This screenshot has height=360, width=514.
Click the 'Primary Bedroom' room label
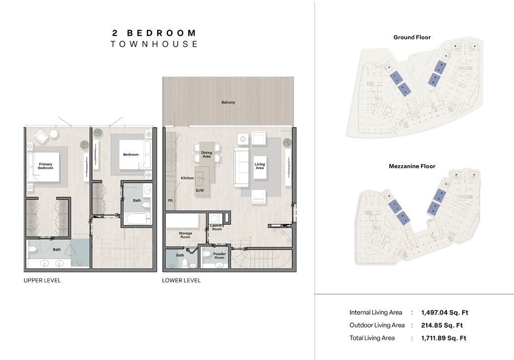pyautogui.click(x=45, y=166)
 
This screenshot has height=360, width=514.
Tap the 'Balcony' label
pyautogui.click(x=228, y=103)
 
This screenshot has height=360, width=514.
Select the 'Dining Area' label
pyautogui.click(x=206, y=155)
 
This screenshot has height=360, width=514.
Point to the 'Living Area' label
pyautogui.click(x=259, y=166)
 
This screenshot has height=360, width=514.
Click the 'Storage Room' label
pyautogui.click(x=185, y=235)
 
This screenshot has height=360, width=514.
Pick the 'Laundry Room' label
pyautogui.click(x=217, y=227)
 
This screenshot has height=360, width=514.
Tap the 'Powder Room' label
pyautogui.click(x=219, y=256)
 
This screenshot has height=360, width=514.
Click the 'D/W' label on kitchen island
pyautogui.click(x=200, y=190)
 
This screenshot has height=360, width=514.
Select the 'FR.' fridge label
pyautogui.click(x=170, y=201)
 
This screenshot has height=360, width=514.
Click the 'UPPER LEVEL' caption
pyautogui.click(x=42, y=281)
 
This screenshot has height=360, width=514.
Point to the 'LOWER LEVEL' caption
pyautogui.click(x=181, y=281)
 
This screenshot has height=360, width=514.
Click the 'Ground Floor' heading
pyautogui.click(x=412, y=37)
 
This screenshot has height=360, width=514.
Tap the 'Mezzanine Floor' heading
pyautogui.click(x=412, y=167)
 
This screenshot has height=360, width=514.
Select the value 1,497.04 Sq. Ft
pyautogui.click(x=445, y=313)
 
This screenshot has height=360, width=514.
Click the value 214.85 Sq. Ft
pyautogui.click(x=442, y=325)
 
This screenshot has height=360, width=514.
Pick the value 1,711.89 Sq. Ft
pyautogui.click(x=444, y=338)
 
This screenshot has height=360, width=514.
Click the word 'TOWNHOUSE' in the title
pyautogui.click(x=154, y=44)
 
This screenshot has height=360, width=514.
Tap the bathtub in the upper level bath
pyautogui.click(x=136, y=218)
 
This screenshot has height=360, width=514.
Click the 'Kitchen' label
pyautogui.click(x=187, y=178)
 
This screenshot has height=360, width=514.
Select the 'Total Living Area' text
pyautogui.click(x=372, y=338)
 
